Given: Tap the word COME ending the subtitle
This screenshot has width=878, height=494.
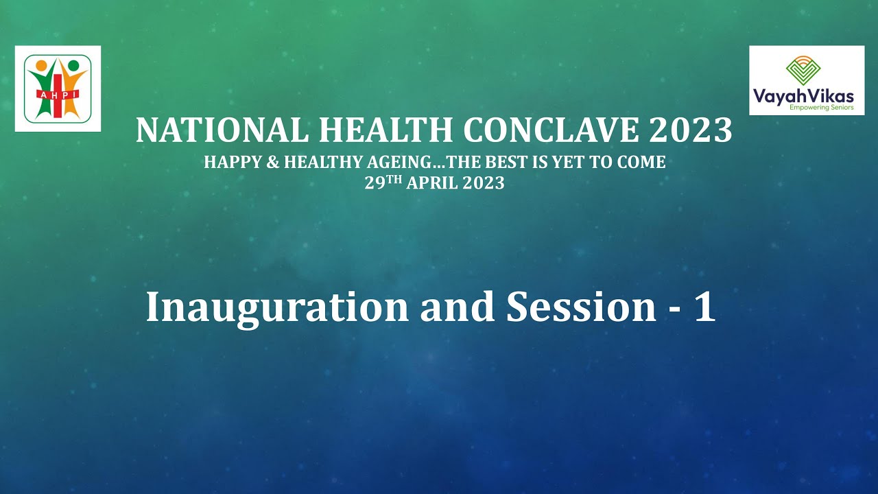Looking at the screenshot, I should coord(642,163).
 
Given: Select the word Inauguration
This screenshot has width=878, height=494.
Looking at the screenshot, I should coord(277,307).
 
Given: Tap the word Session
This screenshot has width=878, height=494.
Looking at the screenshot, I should coord(581,307).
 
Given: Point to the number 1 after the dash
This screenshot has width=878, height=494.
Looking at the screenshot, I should coord(704,307).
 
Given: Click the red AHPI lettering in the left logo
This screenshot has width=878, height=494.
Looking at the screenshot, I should coord(57,93).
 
